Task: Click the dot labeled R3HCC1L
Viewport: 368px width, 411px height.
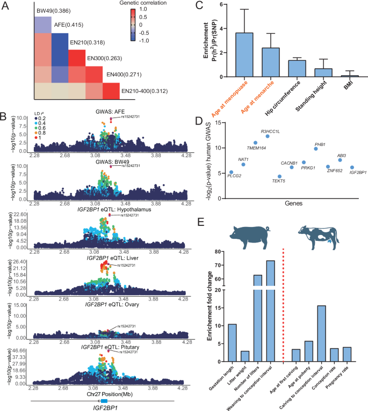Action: [x=268, y=136]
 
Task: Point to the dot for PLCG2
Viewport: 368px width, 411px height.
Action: [x=232, y=172]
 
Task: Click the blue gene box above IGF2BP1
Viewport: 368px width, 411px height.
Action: [x=104, y=401]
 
